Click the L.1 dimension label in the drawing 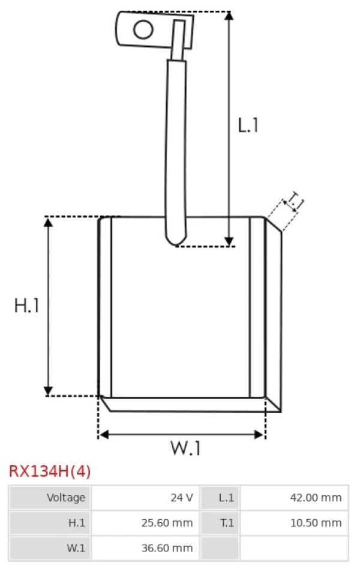pos(248,125)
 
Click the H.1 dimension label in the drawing pos(26,306)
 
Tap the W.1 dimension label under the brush pos(185,448)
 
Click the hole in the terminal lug pos(143,29)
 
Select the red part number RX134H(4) pos(50,471)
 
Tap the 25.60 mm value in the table pos(167,523)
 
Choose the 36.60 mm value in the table pos(167,548)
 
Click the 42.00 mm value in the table pos(316,498)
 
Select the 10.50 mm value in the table pos(316,523)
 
